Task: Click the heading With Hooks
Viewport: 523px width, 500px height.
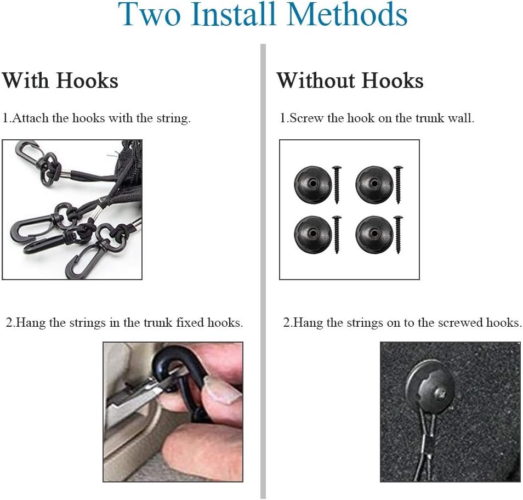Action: pyautogui.click(x=60, y=81)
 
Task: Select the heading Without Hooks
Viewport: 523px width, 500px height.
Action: pyautogui.click(x=350, y=81)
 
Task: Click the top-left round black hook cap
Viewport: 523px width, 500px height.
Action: pyautogui.click(x=313, y=184)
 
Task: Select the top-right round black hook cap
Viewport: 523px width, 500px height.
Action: pyautogui.click(x=374, y=184)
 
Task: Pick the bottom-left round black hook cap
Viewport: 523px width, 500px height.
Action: pyautogui.click(x=313, y=235)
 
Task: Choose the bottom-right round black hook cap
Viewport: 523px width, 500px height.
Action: pyautogui.click(x=374, y=235)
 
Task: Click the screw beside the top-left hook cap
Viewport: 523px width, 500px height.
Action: pyautogui.click(x=337, y=184)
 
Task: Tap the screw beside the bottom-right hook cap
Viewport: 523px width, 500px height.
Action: pyautogui.click(x=398, y=235)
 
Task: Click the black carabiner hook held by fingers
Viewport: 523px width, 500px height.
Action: pyautogui.click(x=182, y=384)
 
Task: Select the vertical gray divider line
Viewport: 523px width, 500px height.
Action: pyautogui.click(x=263, y=271)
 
